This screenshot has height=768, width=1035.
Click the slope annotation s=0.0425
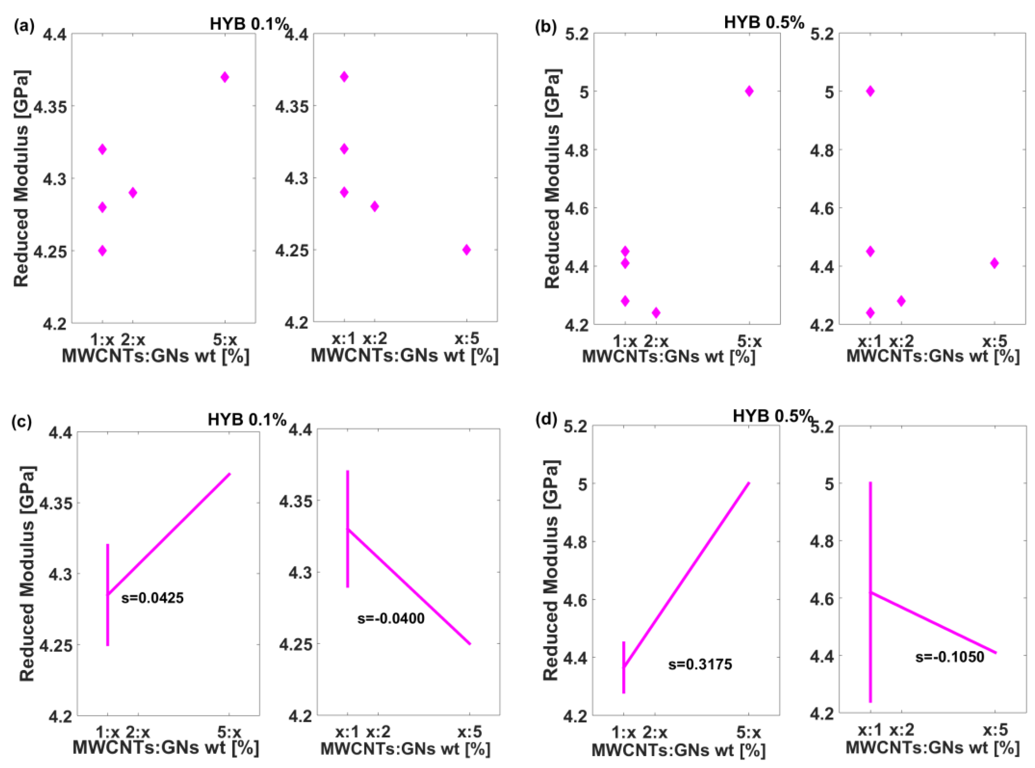click(x=153, y=598)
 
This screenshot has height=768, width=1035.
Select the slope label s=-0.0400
click(x=390, y=618)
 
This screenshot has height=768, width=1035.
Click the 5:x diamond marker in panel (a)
click(x=225, y=77)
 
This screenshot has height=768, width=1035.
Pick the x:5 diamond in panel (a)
click(x=467, y=250)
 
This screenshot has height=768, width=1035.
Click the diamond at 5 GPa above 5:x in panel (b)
click(x=749, y=91)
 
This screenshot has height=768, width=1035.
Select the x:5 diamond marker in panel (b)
click(x=994, y=263)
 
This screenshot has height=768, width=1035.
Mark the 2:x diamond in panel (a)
click(x=133, y=192)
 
